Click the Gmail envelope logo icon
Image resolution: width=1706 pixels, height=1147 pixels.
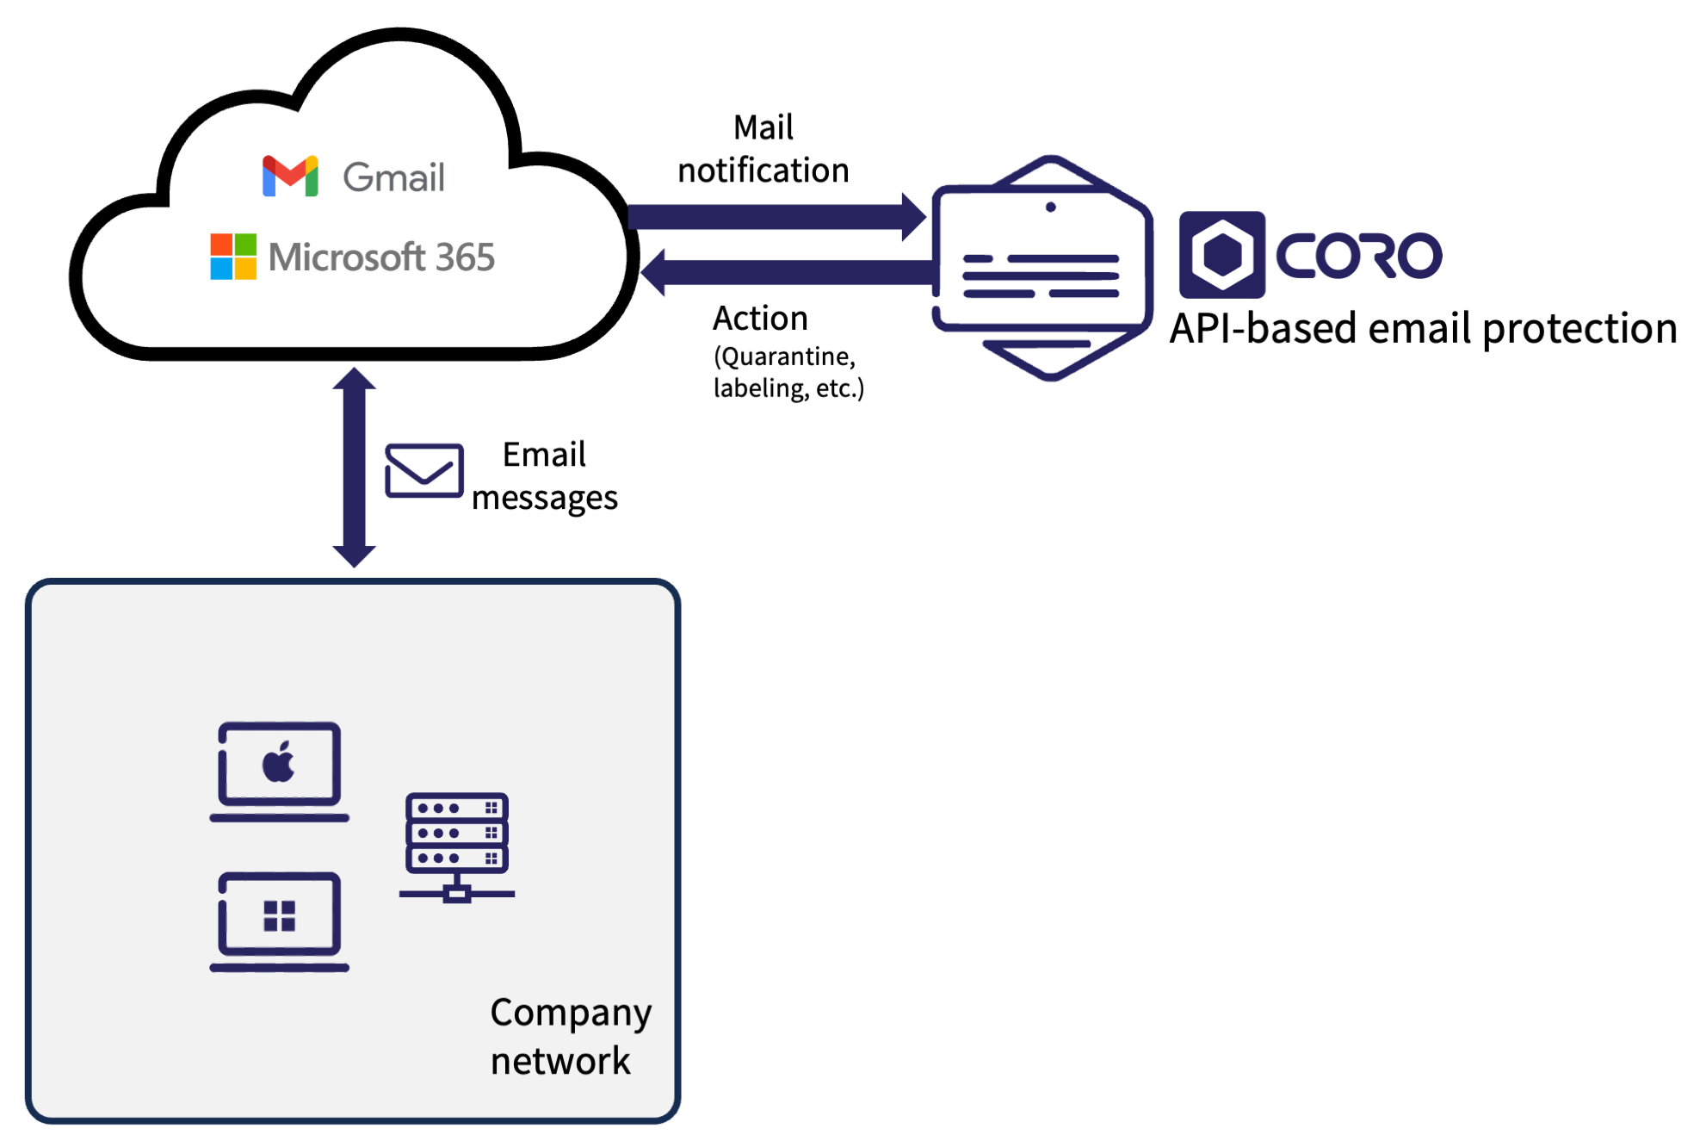(290, 177)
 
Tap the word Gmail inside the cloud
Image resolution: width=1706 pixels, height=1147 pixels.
(393, 178)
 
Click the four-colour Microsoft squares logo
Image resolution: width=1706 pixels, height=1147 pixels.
(233, 257)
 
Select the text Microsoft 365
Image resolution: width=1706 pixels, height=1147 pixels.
(381, 257)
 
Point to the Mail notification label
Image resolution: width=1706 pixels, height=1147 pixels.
(763, 149)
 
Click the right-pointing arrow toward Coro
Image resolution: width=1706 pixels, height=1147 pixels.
(775, 216)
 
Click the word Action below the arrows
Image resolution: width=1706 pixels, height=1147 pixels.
(760, 319)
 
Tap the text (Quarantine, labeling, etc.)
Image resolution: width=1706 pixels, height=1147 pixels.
(788, 372)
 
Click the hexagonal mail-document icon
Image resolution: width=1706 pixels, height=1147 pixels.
(1042, 268)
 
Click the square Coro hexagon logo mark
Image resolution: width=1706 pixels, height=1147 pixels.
(1221, 255)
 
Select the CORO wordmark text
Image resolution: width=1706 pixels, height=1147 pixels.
(1358, 256)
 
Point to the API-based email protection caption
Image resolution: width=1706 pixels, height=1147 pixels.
(1423, 329)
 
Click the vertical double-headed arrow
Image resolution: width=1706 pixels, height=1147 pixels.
(354, 468)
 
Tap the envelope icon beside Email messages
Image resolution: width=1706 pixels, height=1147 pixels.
(423, 470)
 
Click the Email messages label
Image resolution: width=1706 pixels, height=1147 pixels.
(544, 476)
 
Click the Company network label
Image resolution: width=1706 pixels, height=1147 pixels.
(570, 1036)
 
